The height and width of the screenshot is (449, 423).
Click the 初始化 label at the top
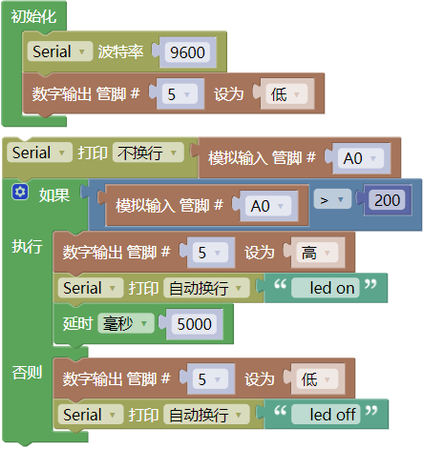(33, 16)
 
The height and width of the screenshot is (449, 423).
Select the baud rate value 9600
(187, 52)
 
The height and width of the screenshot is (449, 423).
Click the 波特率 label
(120, 51)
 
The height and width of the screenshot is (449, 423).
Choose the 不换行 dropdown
(148, 153)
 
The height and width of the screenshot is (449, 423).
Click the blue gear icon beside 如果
(20, 192)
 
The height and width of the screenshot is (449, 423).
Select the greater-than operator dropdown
(332, 199)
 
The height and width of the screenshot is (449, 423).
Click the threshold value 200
(387, 200)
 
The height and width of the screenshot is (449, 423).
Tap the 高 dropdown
(317, 253)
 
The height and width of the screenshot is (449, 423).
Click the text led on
(331, 288)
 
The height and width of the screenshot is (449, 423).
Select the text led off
(332, 415)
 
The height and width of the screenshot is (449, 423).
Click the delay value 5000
(194, 324)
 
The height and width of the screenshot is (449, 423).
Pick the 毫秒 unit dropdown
(126, 323)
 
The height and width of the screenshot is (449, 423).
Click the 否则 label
(27, 372)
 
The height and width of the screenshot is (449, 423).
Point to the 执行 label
(27, 246)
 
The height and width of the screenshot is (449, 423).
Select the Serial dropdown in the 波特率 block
(60, 51)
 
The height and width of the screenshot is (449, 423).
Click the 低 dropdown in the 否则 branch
(317, 378)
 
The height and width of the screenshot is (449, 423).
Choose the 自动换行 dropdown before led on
(206, 288)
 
